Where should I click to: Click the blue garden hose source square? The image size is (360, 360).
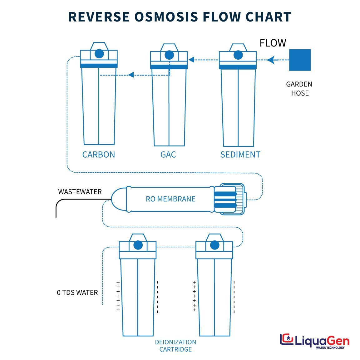coord(300,60)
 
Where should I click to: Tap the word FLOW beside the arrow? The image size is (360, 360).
coord(273,43)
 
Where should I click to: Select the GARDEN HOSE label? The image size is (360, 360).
coord(299,89)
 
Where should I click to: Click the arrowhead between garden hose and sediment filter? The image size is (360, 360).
coord(271,60)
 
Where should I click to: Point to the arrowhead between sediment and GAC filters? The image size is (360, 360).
coord(191,60)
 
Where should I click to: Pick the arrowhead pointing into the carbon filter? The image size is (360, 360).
coord(131,75)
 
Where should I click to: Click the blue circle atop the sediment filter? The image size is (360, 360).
coord(238,55)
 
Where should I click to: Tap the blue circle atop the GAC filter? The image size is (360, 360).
coord(169,55)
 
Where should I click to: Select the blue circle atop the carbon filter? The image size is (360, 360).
coord(99,54)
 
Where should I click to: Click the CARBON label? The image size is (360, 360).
coord(98,155)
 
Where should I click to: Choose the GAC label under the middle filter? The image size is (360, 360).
coord(168,155)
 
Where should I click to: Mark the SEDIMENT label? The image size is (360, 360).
coord(240,155)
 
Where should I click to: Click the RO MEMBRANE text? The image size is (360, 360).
coord(170,199)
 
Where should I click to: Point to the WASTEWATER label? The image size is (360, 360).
coord(80,192)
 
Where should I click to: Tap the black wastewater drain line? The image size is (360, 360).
coord(59,203)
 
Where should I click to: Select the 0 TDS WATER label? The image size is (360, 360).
coord(77,293)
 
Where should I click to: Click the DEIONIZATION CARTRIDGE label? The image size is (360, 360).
coord(175,346)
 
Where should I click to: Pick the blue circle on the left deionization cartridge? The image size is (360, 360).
coord(138,245)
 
